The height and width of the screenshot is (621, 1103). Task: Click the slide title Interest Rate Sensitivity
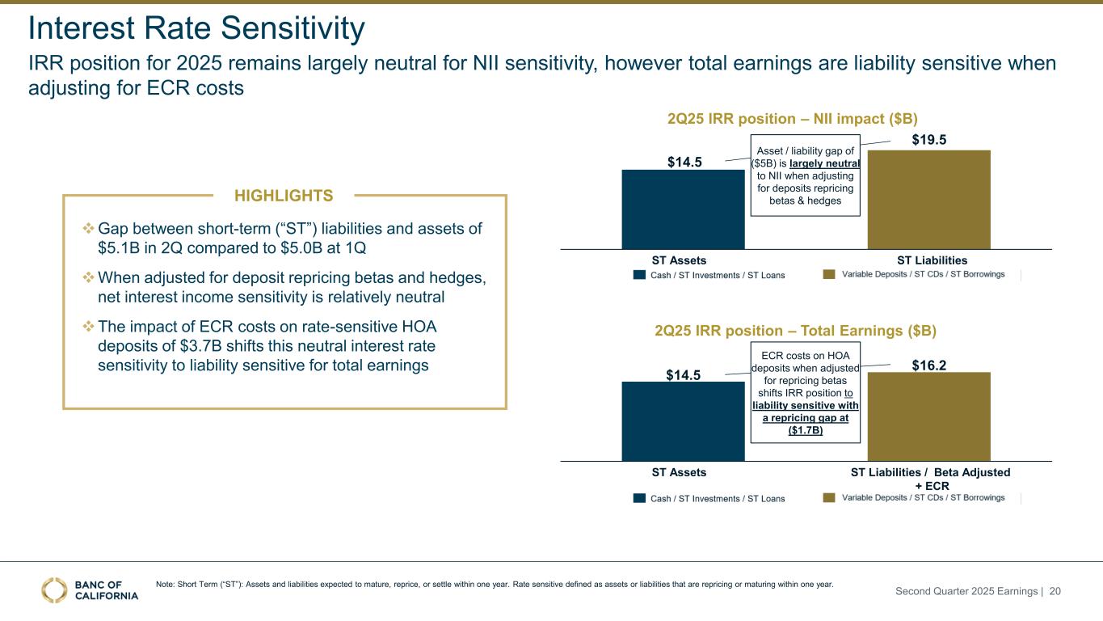196,29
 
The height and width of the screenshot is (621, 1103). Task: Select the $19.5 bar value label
929,140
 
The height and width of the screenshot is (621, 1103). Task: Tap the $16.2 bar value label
929,365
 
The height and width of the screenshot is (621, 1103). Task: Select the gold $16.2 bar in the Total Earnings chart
929,416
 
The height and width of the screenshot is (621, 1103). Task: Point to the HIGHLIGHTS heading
283,195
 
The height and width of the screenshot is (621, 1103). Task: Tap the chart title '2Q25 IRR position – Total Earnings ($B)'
795,331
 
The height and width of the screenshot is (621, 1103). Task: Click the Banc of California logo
90,590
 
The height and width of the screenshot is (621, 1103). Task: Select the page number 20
1055,592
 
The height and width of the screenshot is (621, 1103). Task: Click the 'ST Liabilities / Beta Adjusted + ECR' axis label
930,478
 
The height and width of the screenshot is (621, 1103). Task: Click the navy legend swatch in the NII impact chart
638,275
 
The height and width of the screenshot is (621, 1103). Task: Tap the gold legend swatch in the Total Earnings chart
829,498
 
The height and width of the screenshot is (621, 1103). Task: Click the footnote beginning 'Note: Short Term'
494,584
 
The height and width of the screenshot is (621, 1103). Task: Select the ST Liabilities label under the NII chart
932,260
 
